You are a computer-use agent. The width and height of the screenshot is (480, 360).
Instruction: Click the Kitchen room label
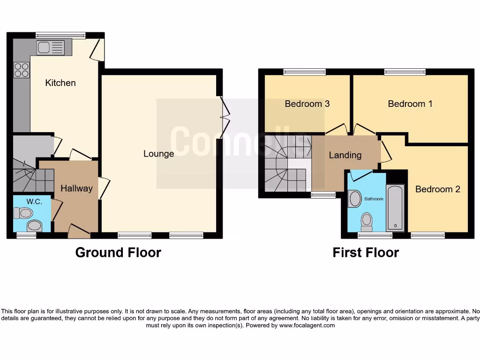(60, 83)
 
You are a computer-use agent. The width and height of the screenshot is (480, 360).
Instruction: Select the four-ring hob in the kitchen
(21, 70)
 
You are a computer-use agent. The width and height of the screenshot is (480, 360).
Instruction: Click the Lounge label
(158, 154)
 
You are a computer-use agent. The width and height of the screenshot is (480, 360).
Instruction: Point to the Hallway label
(76, 188)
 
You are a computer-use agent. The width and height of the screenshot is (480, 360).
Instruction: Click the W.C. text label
(34, 202)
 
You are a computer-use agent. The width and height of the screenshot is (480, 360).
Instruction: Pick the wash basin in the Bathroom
(354, 198)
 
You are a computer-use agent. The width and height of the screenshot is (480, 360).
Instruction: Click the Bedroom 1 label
(410, 104)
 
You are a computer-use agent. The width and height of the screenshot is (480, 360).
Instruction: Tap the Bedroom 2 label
(437, 189)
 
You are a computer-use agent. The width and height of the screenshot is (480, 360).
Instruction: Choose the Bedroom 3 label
(307, 104)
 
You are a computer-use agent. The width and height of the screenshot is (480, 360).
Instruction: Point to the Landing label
(345, 155)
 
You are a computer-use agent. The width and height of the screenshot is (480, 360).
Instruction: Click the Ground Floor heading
(118, 253)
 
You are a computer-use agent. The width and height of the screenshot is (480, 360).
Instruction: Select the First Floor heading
(366, 253)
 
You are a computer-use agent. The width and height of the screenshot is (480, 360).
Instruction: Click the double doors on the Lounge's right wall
(225, 113)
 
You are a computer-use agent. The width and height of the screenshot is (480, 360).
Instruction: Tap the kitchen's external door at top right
(97, 50)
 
